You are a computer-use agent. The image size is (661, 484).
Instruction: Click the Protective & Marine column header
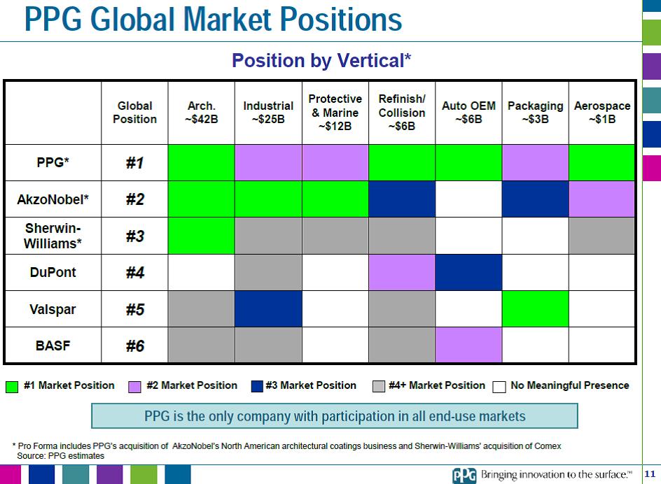pyautogui.click(x=335, y=113)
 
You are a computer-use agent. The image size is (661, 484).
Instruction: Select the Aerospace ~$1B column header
pyautogui.click(x=601, y=113)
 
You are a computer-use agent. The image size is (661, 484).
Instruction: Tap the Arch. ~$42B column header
pyautogui.click(x=201, y=113)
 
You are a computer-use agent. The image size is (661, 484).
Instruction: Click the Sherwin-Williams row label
pyautogui.click(x=53, y=236)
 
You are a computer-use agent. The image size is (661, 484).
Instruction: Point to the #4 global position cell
pyautogui.click(x=134, y=272)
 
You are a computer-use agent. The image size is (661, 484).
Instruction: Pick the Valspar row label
pyautogui.click(x=53, y=308)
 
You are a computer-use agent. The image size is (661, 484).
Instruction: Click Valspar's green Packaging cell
pyautogui.click(x=535, y=308)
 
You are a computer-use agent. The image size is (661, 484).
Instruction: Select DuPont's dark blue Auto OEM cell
pyautogui.click(x=468, y=272)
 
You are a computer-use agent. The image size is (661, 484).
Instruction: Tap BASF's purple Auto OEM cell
pyautogui.click(x=468, y=345)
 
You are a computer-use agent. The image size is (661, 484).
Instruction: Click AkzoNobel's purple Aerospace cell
pyautogui.click(x=601, y=199)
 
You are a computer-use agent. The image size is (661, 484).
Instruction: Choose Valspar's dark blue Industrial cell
pyautogui.click(x=268, y=308)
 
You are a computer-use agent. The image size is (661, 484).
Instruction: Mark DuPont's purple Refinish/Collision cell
pyautogui.click(x=402, y=272)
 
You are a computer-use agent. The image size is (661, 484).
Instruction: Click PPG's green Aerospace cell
pyautogui.click(x=601, y=163)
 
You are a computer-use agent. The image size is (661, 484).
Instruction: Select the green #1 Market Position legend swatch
pyautogui.click(x=12, y=386)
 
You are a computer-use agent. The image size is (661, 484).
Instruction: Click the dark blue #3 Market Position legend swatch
pyautogui.click(x=257, y=386)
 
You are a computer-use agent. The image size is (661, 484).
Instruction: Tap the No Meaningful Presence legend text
pyautogui.click(x=569, y=385)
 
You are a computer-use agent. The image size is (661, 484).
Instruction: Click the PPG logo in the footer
pyautogui.click(x=464, y=475)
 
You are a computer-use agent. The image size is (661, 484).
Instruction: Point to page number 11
pyautogui.click(x=648, y=474)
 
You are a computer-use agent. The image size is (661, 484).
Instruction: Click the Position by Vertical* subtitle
pyautogui.click(x=321, y=61)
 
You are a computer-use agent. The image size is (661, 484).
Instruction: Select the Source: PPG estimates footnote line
pyautogui.click(x=60, y=455)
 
